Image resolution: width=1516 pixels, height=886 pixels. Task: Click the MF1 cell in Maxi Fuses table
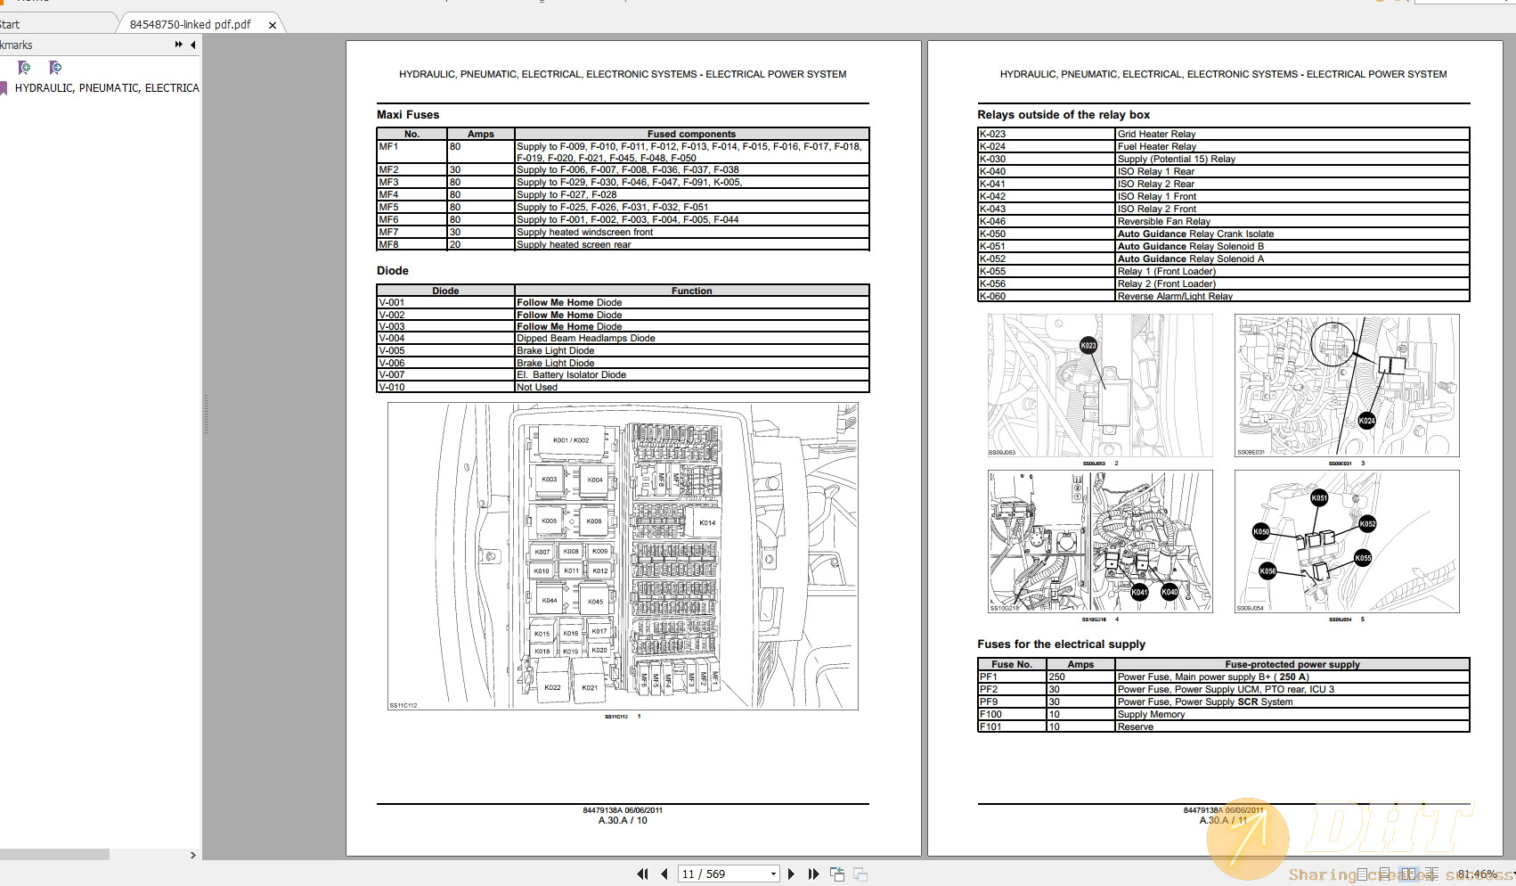tap(389, 146)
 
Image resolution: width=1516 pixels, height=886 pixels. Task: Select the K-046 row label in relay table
tap(993, 221)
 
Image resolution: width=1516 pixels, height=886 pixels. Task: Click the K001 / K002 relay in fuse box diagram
tap(571, 440)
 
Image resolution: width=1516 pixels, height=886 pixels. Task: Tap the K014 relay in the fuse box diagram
tap(707, 523)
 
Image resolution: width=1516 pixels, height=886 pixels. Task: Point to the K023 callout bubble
tap(1088, 346)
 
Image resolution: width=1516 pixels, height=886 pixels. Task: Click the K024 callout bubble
tap(1366, 421)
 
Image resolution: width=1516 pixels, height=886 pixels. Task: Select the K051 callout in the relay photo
tap(1319, 498)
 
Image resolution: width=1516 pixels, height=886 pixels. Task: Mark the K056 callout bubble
tap(1267, 571)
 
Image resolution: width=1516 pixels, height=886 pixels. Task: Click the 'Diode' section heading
tap(393, 271)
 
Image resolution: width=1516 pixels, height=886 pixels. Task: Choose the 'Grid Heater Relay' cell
tap(1156, 134)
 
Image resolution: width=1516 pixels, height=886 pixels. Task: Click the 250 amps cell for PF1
tap(1057, 677)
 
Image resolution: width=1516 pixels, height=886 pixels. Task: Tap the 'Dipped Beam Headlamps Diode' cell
tap(586, 339)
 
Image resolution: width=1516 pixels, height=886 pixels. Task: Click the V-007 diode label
tap(392, 374)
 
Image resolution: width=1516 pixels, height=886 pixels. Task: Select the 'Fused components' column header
tap(691, 134)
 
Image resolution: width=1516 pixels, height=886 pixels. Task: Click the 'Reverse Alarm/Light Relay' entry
tap(1175, 296)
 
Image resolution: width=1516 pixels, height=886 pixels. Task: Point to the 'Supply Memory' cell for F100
tap(1151, 714)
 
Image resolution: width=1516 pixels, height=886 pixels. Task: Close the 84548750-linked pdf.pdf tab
tap(273, 25)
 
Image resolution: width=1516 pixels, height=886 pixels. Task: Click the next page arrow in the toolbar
tap(791, 874)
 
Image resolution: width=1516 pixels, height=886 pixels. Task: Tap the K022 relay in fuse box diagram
tap(552, 687)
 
